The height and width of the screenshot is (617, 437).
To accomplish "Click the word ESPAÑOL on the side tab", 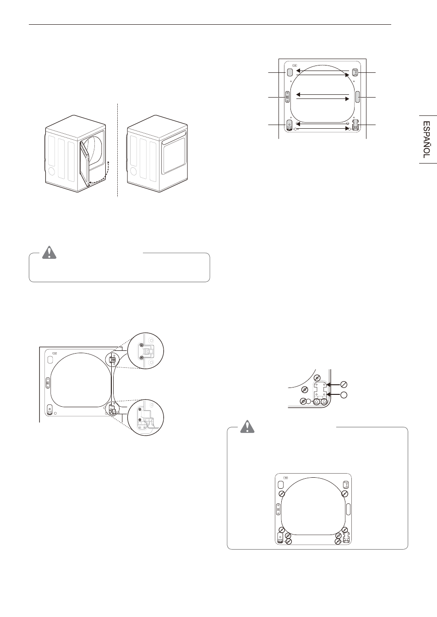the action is pyautogui.click(x=426, y=140).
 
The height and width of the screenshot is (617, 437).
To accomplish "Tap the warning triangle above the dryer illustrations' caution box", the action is pyautogui.click(x=49, y=252).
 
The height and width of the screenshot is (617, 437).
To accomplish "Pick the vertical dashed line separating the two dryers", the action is pyautogui.click(x=118, y=150).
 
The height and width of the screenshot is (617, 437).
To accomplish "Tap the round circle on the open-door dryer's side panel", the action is pyautogui.click(x=51, y=171).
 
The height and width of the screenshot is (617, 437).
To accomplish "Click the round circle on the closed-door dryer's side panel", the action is pyautogui.click(x=133, y=171).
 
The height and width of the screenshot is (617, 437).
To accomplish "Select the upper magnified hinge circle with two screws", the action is pyautogui.click(x=146, y=351).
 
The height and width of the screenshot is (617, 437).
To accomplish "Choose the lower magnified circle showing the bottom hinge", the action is pyautogui.click(x=146, y=417).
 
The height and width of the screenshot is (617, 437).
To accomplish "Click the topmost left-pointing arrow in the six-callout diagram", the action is pyautogui.click(x=323, y=71).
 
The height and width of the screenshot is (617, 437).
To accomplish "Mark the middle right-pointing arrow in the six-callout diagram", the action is pyautogui.click(x=323, y=98).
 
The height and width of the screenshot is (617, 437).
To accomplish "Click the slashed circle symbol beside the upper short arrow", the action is pyautogui.click(x=344, y=384).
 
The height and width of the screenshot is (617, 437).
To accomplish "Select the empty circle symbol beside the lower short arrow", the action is pyautogui.click(x=344, y=395).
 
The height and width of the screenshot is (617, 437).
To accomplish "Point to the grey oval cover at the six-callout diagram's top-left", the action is pyautogui.click(x=290, y=72).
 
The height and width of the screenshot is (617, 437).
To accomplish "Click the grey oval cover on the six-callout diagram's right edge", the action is pyautogui.click(x=358, y=97).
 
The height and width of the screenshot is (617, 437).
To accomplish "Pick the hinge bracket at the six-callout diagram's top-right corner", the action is pyautogui.click(x=355, y=72).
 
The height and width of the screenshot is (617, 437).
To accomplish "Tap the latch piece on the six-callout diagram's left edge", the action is pyautogui.click(x=287, y=97).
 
